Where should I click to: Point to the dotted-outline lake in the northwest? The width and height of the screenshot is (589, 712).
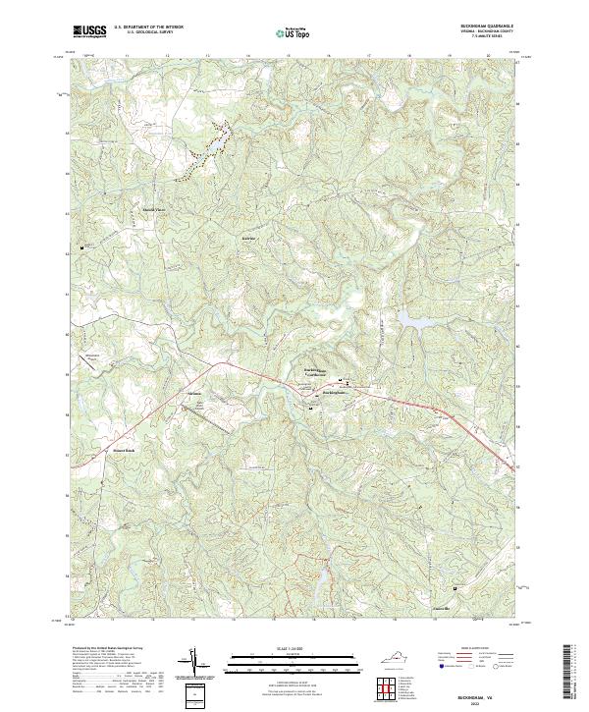click(209, 148)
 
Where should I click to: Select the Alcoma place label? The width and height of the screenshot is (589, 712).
click(193, 394)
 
